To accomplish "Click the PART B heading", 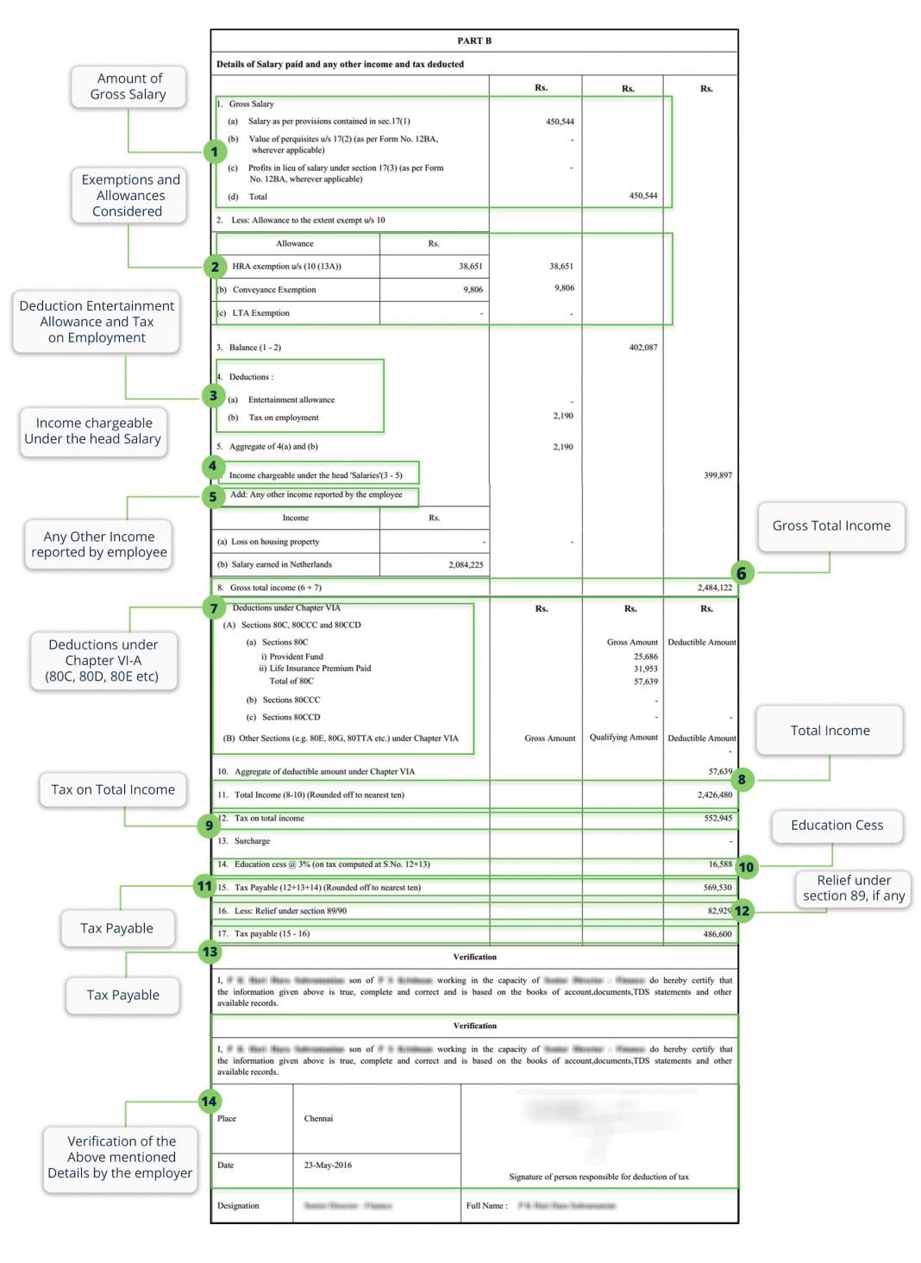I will point(474,41).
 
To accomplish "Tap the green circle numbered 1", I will point(214,152).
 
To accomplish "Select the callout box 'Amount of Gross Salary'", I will point(128,86).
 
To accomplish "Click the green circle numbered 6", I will point(741,573).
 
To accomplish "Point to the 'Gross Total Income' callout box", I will point(831,525).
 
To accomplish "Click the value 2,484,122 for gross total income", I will point(714,588).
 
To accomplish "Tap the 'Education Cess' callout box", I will point(836,825).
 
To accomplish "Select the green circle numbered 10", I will point(746,866).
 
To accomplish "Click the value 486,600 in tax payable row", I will point(717,933).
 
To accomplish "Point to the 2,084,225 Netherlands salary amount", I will point(466,564).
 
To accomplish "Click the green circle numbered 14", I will point(209,1101).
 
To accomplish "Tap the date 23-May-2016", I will point(328,1165).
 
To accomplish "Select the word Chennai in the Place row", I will point(318,1118).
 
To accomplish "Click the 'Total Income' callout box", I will point(830,730).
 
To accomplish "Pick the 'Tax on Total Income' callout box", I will point(113,789).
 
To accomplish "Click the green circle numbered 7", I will point(214,608).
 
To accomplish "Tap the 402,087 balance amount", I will point(643,347).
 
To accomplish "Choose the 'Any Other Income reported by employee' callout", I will point(99,544).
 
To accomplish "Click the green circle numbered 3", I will point(213,395).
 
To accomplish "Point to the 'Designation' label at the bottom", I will point(238,1205).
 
